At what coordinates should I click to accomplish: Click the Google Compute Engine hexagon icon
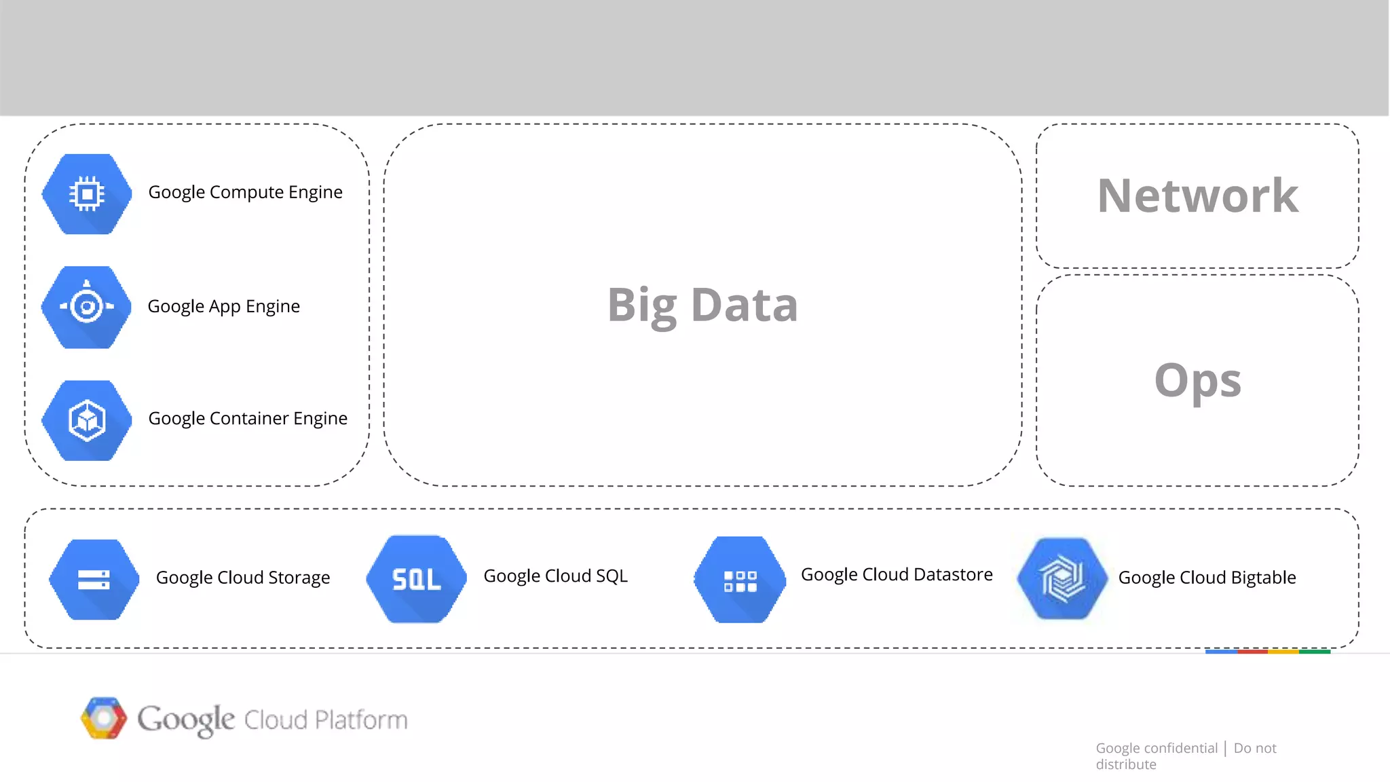(87, 194)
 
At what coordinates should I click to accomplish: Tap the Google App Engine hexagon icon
(87, 307)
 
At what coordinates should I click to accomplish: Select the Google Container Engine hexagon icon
(87, 420)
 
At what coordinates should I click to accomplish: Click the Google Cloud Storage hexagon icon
(94, 579)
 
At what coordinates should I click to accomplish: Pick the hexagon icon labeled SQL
(416, 579)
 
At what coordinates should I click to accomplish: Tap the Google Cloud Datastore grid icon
(740, 580)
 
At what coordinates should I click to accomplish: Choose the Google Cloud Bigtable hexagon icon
(1063, 578)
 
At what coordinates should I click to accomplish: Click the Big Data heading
(702, 305)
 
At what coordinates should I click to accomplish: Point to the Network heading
(1197, 196)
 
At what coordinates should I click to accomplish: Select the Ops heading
(1197, 380)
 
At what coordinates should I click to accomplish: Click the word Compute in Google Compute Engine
(246, 193)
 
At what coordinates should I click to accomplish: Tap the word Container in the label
(249, 418)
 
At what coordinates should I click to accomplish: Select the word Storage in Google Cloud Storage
(299, 578)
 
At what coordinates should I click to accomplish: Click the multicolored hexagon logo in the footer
(104, 718)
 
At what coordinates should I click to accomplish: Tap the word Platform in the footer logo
(361, 720)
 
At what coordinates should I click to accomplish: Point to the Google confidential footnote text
(1157, 748)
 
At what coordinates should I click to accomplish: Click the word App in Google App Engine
(224, 307)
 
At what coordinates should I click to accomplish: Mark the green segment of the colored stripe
(1315, 652)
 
